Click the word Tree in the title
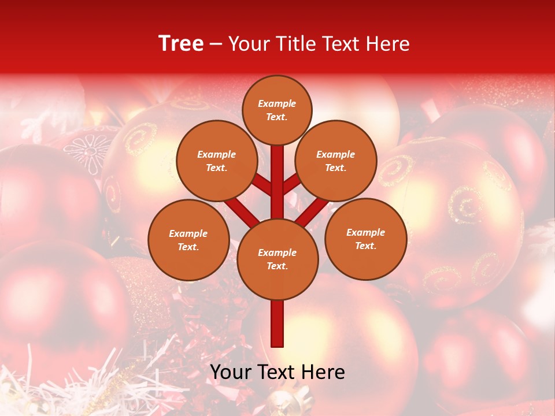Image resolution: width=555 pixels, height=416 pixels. click(181, 44)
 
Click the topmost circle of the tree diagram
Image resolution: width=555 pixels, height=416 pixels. click(277, 110)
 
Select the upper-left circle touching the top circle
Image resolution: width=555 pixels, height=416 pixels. click(216, 161)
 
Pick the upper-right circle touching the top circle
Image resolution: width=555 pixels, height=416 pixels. click(336, 161)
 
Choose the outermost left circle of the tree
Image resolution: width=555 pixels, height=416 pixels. click(188, 240)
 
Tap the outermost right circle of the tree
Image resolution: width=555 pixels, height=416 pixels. click(365, 239)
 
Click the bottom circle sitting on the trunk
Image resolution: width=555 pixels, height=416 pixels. click(277, 259)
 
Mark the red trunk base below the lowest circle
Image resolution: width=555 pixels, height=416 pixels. click(277, 324)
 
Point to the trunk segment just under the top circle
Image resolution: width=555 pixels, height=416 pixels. click(277, 168)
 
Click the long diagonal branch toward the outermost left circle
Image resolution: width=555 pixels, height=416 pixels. click(242, 211)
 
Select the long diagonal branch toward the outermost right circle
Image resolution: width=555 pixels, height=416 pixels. click(312, 211)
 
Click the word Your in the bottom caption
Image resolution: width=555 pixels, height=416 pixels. click(231, 373)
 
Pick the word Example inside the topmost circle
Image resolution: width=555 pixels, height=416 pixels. click(277, 103)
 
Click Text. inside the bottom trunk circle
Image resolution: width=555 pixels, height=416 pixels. click(277, 266)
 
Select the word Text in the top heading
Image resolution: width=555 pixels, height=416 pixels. click(347, 44)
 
